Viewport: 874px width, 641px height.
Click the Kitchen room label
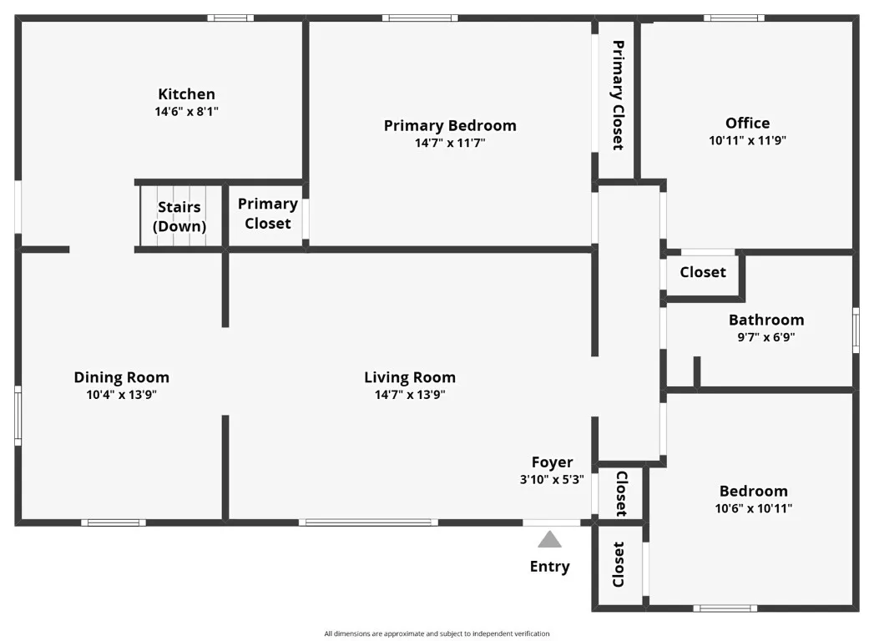pyautogui.click(x=186, y=94)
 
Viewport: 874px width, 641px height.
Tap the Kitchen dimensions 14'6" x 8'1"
pyautogui.click(x=186, y=112)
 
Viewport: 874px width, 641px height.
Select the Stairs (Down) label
pyautogui.click(x=179, y=216)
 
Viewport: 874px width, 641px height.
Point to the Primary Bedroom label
pyautogui.click(x=450, y=126)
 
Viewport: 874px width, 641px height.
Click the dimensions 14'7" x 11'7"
pyautogui.click(x=450, y=143)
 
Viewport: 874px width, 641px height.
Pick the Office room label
pyautogui.click(x=747, y=124)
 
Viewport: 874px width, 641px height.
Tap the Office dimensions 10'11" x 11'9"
pyautogui.click(x=747, y=140)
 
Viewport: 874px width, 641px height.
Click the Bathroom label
pyautogui.click(x=766, y=320)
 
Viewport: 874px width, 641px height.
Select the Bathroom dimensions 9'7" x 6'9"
pyautogui.click(x=766, y=337)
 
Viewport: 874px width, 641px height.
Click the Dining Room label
pyautogui.click(x=122, y=377)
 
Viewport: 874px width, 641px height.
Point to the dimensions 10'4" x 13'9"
pyautogui.click(x=122, y=395)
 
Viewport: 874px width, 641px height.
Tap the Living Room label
pyautogui.click(x=410, y=377)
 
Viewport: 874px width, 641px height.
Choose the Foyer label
pyautogui.click(x=552, y=462)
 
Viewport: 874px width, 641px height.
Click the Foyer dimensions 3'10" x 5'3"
pyautogui.click(x=552, y=479)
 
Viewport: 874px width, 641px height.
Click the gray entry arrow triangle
pyautogui.click(x=549, y=539)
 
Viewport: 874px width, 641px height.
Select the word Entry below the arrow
pyautogui.click(x=549, y=567)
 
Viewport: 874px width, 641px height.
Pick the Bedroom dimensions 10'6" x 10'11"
pyautogui.click(x=754, y=508)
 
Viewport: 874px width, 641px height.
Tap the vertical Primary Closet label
pyautogui.click(x=619, y=95)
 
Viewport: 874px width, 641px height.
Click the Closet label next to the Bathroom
pyautogui.click(x=703, y=272)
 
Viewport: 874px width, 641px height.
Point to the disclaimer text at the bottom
pyautogui.click(x=437, y=633)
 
